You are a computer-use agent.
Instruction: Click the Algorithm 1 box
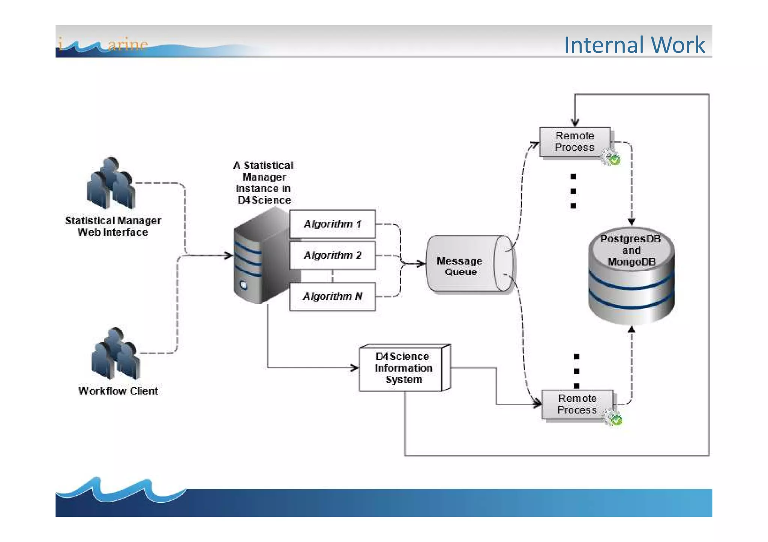332,224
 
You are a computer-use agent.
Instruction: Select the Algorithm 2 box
332,255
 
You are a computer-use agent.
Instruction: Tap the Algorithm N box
332,296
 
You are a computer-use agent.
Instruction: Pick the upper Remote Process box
574,142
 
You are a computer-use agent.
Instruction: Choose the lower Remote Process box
577,404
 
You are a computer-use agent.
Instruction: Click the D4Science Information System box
403,368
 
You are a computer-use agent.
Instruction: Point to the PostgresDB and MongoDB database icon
631,275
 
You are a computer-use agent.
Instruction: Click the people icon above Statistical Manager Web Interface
111,183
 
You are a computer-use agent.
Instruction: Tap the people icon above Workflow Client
115,354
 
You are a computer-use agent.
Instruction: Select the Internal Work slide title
634,45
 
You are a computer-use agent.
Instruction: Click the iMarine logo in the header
103,45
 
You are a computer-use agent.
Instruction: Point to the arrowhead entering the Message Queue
421,263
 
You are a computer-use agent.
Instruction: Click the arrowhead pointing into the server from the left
229,255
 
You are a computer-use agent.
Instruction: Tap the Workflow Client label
118,391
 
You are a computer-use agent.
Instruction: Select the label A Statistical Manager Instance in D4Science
264,183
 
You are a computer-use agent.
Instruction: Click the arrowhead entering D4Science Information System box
355,367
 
